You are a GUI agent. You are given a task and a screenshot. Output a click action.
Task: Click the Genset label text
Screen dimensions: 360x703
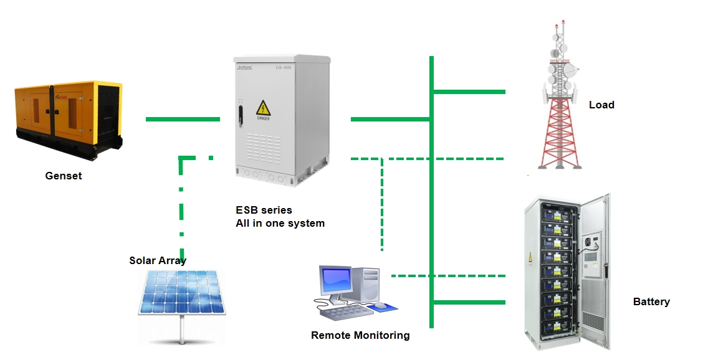coord(64,176)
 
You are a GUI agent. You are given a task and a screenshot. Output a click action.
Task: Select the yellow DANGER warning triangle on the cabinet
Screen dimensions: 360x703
coord(263,107)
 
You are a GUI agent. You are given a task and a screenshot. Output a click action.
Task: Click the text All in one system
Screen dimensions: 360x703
coord(280,223)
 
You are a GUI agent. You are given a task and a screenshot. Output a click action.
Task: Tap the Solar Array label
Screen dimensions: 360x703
coord(158,260)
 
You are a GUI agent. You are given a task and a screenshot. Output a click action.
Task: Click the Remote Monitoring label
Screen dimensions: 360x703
coord(360,335)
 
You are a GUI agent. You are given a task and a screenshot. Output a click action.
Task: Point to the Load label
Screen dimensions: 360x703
coord(601,105)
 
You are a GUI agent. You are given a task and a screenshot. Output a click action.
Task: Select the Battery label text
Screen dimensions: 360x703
coord(651,301)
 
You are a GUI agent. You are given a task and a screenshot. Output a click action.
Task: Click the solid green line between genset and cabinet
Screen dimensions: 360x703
coord(183,118)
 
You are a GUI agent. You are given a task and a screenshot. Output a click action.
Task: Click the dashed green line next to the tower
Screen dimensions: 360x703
coord(467,159)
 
